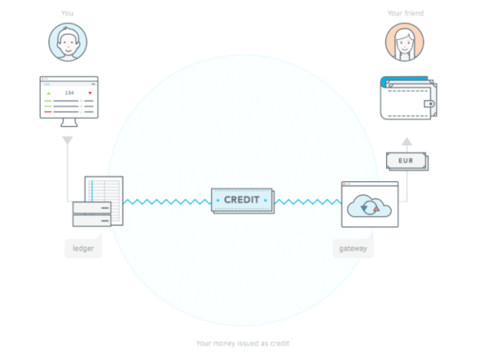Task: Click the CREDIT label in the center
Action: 242,200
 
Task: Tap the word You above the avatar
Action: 68,13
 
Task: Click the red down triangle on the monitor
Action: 90,93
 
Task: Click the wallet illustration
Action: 408,97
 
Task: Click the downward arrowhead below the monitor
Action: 68,140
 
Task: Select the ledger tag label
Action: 82,249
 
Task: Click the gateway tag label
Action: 354,249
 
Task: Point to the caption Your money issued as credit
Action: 242,343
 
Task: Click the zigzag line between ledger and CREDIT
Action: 167,202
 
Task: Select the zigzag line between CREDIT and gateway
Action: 307,202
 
